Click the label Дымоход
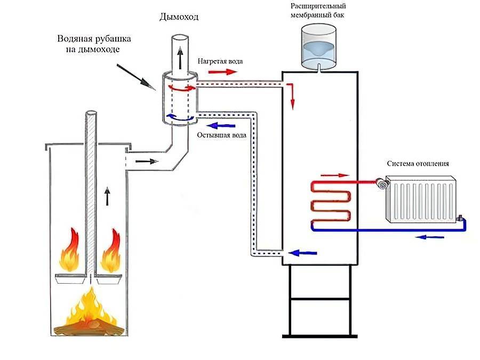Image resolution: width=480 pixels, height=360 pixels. point(179,17)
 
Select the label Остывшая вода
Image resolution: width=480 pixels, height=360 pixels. point(221,135)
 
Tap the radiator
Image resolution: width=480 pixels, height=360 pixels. point(421,198)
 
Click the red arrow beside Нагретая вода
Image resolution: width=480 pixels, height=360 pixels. point(219,71)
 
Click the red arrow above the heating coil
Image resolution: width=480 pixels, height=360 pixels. point(337,174)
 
